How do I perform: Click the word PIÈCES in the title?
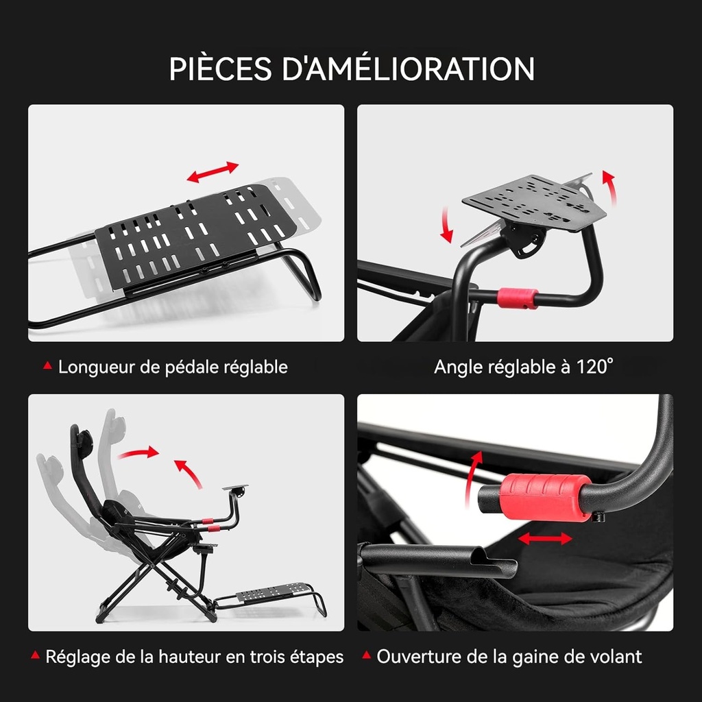pyautogui.click(x=220, y=69)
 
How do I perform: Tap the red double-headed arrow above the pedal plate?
pyautogui.click(x=213, y=172)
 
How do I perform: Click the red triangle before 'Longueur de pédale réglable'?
pyautogui.click(x=47, y=366)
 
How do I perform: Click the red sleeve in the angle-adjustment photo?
pyautogui.click(x=518, y=298)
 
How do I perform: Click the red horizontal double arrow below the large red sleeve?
pyautogui.click(x=545, y=539)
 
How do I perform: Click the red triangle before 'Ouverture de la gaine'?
pyautogui.click(x=367, y=655)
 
